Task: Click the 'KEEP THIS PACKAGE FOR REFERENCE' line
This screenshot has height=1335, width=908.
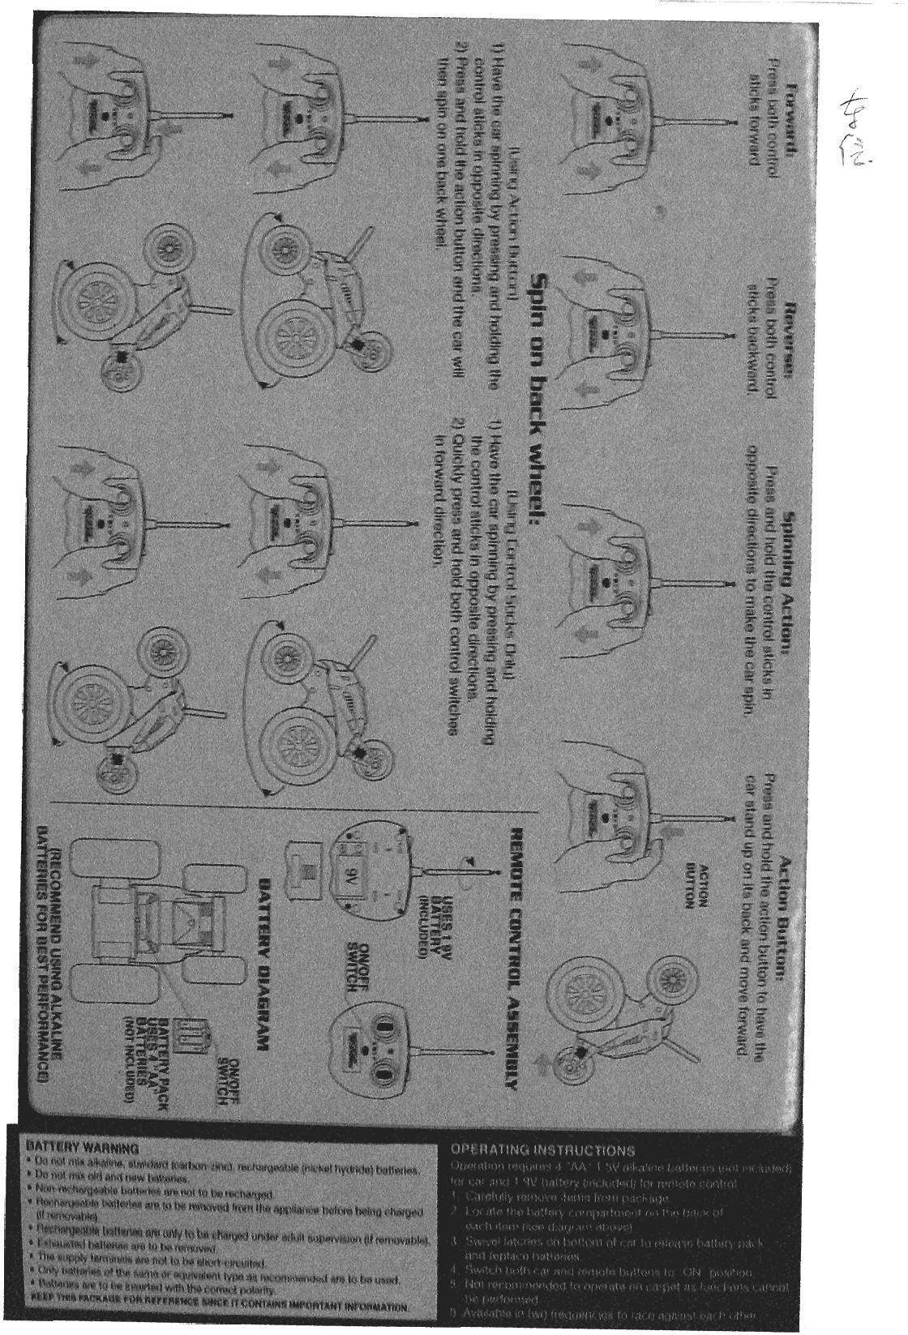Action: [x=219, y=1307]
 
